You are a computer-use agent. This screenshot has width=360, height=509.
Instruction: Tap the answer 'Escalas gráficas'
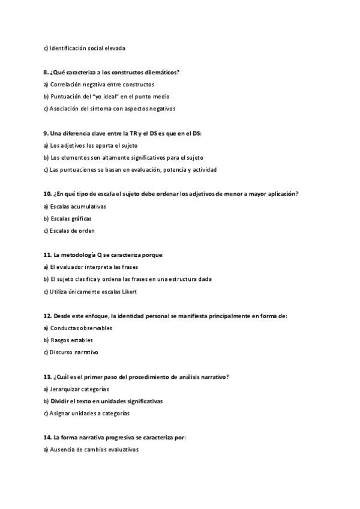click(x=71, y=218)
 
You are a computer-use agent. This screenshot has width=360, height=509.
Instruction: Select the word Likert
click(x=129, y=292)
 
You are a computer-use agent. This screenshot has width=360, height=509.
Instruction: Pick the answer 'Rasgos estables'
click(x=71, y=340)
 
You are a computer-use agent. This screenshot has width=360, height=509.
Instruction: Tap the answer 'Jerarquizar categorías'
click(x=79, y=389)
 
